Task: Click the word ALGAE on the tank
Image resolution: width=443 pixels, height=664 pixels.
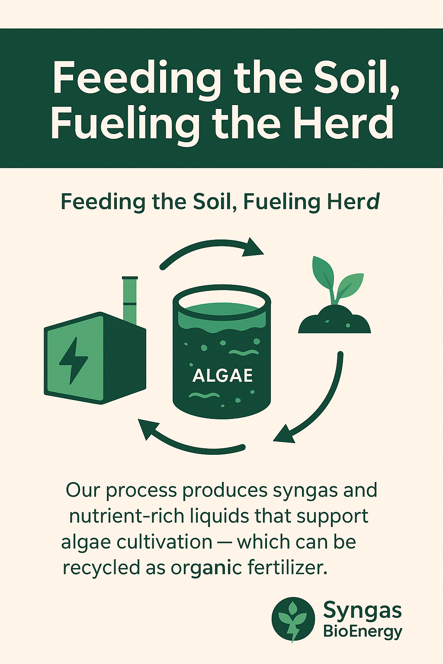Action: point(222,376)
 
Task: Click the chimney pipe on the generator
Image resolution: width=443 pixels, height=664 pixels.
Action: point(130,300)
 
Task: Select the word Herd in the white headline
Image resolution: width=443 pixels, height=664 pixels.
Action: point(343,124)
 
